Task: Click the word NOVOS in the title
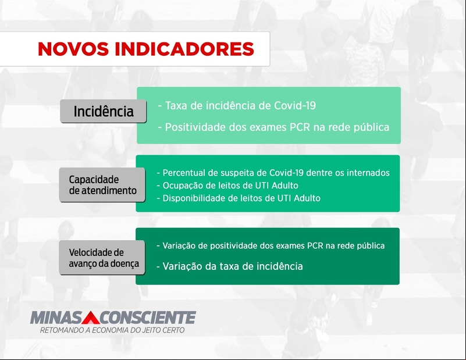coord(73,49)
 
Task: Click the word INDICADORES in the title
coord(184,49)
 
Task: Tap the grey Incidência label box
coord(103,111)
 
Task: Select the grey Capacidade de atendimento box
coord(102,185)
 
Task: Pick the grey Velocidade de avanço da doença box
coord(102,258)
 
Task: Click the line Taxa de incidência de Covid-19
coord(237,105)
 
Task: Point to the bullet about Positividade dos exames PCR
coord(273,127)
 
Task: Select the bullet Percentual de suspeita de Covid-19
coord(273,173)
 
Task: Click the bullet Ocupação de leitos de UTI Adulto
coord(227,186)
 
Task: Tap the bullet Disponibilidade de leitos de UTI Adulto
coord(239,198)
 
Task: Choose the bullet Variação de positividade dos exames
coord(271,245)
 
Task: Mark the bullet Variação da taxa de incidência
coord(230,266)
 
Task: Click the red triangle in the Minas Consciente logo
coord(91,318)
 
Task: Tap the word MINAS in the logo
coord(56,318)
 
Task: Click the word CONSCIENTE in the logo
coord(148,318)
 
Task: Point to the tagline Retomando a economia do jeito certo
coord(112,330)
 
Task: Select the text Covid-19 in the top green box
coord(295,105)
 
